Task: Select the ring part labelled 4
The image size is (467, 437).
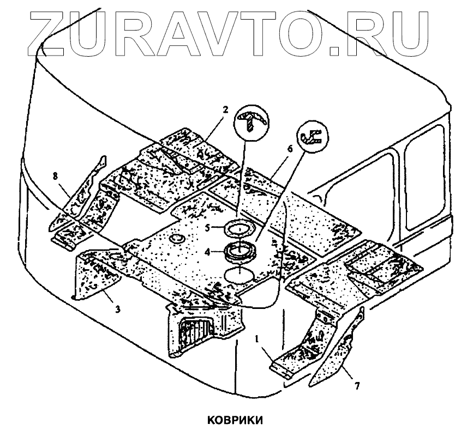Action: (240, 252)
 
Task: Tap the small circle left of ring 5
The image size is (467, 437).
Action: (177, 238)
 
